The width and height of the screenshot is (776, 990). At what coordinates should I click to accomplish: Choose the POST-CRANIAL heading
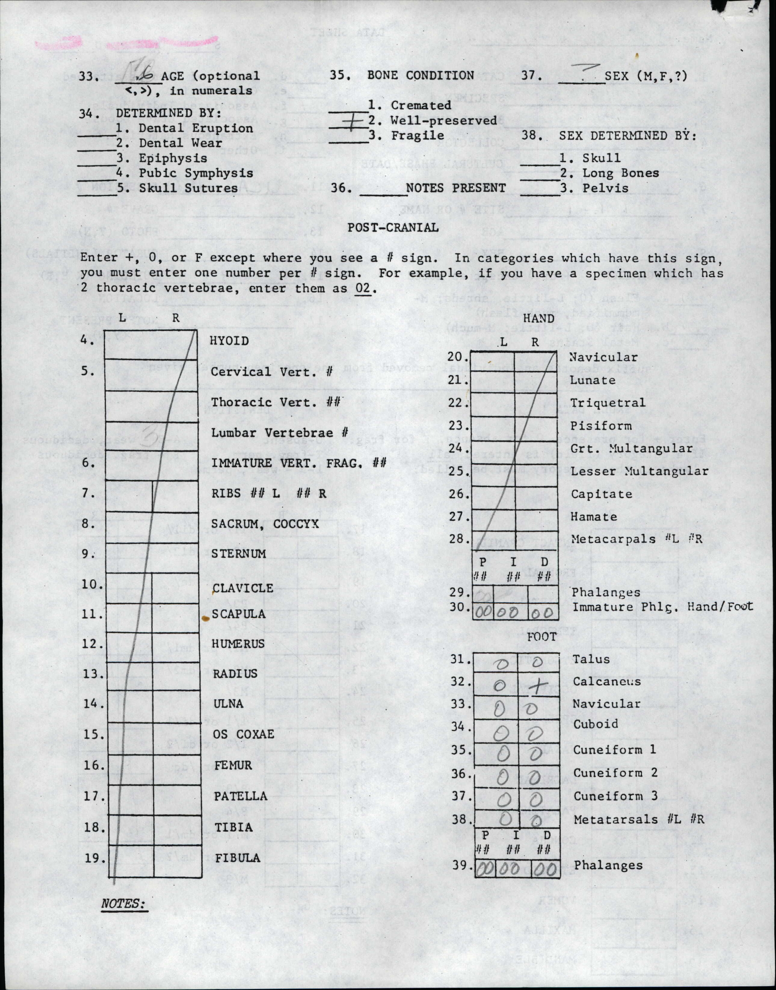(x=393, y=228)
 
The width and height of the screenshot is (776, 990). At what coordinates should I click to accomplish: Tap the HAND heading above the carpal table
(x=538, y=318)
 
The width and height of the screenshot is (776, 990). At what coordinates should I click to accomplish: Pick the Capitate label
(x=602, y=494)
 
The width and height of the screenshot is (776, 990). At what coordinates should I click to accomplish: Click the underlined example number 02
(x=363, y=288)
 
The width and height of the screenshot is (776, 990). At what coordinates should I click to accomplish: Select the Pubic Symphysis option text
(x=196, y=173)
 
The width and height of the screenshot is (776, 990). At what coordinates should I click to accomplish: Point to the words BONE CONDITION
(x=420, y=76)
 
